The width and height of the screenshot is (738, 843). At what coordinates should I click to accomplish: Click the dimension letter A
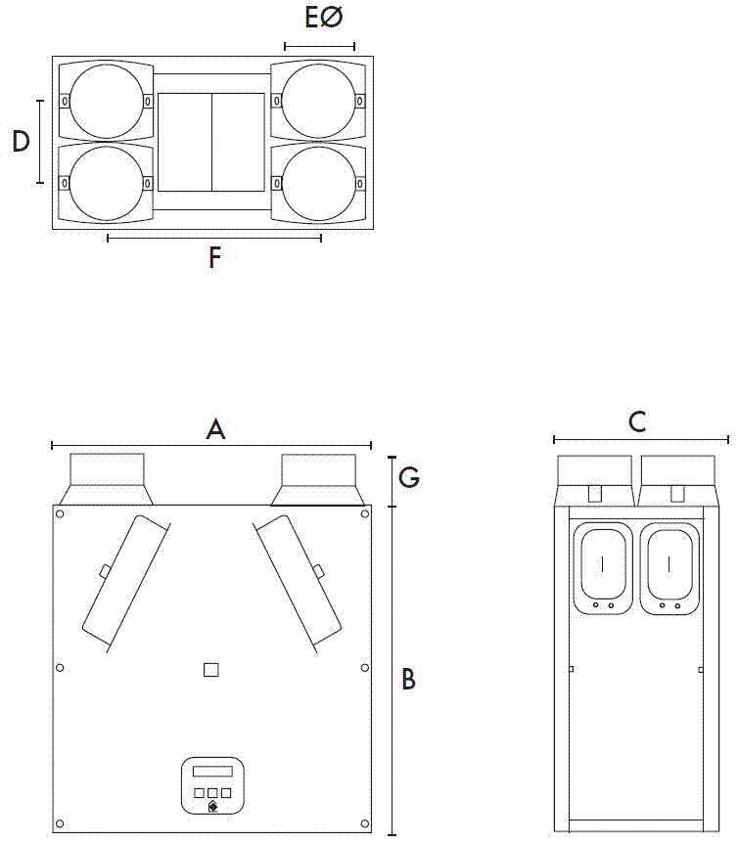click(x=216, y=428)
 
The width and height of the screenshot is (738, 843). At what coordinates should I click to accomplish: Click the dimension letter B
click(x=409, y=679)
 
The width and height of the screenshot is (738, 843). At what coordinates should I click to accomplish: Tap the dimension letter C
click(x=637, y=422)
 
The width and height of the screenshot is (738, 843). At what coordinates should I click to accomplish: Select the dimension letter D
click(x=21, y=142)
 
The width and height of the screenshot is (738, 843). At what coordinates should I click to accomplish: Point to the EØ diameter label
click(x=324, y=20)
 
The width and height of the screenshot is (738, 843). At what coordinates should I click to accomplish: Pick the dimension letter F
click(x=215, y=258)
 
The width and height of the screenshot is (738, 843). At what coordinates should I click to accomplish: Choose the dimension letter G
click(x=410, y=477)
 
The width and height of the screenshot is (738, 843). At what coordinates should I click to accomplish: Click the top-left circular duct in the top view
click(x=106, y=101)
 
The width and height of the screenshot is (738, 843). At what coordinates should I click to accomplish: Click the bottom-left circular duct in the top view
click(x=106, y=183)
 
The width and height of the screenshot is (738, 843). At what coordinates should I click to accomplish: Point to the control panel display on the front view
click(x=212, y=772)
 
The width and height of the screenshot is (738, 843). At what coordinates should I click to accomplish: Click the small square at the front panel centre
click(x=210, y=670)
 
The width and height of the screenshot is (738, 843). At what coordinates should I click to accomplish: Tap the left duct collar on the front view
click(x=107, y=479)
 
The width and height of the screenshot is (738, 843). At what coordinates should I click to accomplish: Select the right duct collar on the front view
click(x=319, y=479)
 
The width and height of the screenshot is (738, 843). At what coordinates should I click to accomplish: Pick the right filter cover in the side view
click(x=669, y=567)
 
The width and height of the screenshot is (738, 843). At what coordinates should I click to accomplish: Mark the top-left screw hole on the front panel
click(x=61, y=515)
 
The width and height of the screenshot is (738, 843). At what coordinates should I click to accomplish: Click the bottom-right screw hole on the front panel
click(x=364, y=822)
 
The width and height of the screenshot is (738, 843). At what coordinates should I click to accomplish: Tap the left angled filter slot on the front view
click(x=124, y=583)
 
